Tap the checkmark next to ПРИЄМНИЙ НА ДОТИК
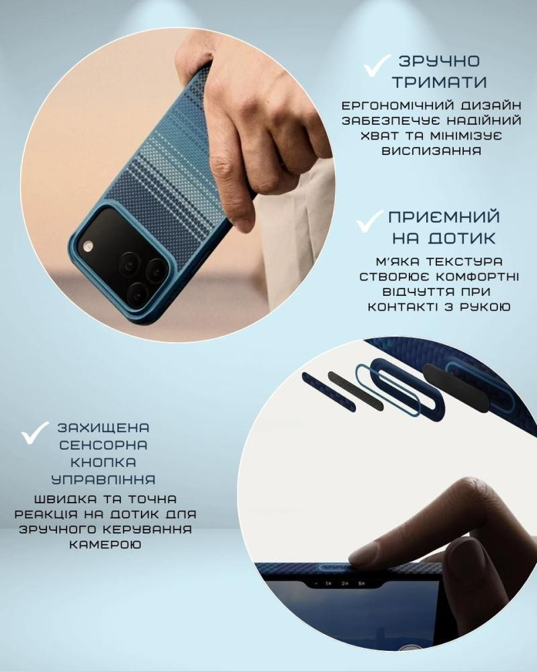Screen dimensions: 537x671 pos(369,221)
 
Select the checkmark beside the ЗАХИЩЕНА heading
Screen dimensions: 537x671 pos(35,433)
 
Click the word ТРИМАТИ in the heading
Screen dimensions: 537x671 pos(440,82)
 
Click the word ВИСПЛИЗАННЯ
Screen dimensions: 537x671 pos(431,151)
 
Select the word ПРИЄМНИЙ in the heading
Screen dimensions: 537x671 pos(444,217)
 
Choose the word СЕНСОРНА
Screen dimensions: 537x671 pos(103,445)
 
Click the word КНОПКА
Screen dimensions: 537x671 pos(103,462)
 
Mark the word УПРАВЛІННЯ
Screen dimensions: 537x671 pos(103,480)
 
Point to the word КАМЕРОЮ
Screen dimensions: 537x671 pos(105,545)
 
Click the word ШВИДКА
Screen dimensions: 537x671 pos(66,499)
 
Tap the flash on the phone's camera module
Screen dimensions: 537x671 pos(88,246)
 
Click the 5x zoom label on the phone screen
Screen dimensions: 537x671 pos(361,583)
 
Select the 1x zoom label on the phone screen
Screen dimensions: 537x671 pos(328,583)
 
